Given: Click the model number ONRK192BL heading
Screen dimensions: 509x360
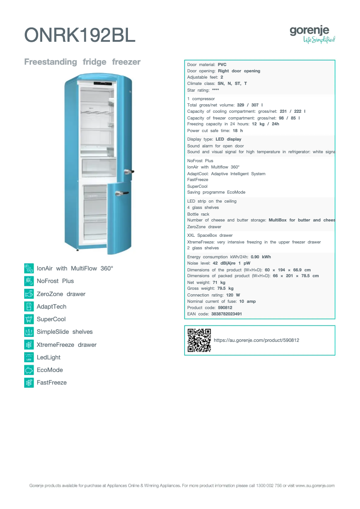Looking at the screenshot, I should point(79,35).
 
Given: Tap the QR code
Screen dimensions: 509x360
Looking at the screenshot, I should point(199,340).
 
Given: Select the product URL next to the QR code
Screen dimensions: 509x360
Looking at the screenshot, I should point(256,341).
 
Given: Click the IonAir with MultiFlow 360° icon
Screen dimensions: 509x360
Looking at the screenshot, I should point(29,268).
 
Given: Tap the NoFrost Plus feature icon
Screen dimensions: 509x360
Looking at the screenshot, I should point(29,281).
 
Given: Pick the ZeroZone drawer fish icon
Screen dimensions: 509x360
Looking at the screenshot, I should point(29,294).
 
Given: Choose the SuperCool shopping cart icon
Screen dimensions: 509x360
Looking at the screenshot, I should point(29,319).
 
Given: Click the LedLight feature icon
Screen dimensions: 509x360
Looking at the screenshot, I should point(29,357).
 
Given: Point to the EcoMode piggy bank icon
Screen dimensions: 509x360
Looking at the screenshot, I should point(29,370).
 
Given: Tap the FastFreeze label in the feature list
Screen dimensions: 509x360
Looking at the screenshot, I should point(52,383).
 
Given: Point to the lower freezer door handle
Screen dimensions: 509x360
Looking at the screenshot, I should point(120,193).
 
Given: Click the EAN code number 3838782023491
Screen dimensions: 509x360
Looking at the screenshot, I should point(226,314).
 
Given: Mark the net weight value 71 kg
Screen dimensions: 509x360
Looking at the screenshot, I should point(219,282).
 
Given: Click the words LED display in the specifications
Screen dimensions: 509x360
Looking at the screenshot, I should point(228,139).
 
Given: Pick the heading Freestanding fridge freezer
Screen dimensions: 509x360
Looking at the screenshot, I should point(82,62).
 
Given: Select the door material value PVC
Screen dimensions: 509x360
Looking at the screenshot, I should point(222,65).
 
